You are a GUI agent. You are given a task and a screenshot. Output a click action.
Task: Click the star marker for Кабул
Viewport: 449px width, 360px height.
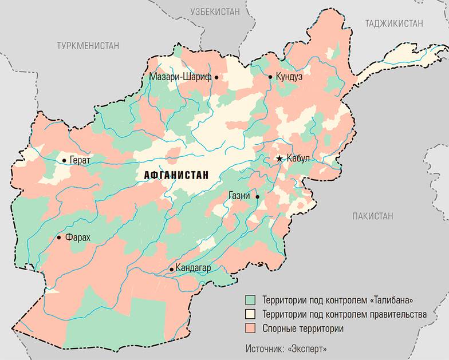(279, 159)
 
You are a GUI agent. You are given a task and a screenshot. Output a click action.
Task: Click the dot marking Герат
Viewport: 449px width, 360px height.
(64, 161)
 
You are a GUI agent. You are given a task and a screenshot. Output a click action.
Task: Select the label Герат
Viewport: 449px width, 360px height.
(80, 161)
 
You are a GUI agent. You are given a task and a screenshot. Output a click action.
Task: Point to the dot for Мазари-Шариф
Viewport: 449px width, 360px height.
(217, 77)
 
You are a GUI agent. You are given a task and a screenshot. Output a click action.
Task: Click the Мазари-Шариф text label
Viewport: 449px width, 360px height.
(180, 77)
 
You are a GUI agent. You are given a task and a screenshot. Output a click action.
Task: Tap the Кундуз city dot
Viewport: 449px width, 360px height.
(270, 76)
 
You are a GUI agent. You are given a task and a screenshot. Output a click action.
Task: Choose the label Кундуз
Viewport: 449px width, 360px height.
(289, 76)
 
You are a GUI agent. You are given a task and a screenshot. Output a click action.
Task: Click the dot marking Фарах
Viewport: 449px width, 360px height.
(58, 238)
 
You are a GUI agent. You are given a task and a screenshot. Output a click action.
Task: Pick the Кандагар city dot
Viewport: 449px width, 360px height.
(171, 268)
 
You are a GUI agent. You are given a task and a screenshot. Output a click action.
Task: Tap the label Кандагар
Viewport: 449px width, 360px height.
(195, 268)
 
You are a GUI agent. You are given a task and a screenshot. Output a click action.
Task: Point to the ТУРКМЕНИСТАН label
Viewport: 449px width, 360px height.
(88, 45)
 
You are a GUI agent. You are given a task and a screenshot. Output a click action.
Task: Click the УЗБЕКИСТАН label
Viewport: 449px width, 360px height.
(216, 11)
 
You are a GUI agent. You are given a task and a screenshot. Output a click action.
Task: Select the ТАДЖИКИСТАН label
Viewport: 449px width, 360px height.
(394, 23)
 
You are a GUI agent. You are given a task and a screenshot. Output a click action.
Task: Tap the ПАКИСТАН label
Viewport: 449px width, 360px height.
(373, 216)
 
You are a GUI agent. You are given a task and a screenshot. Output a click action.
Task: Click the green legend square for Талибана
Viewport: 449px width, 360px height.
(250, 300)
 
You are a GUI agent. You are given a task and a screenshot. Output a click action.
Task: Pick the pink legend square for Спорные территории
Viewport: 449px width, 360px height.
(250, 329)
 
